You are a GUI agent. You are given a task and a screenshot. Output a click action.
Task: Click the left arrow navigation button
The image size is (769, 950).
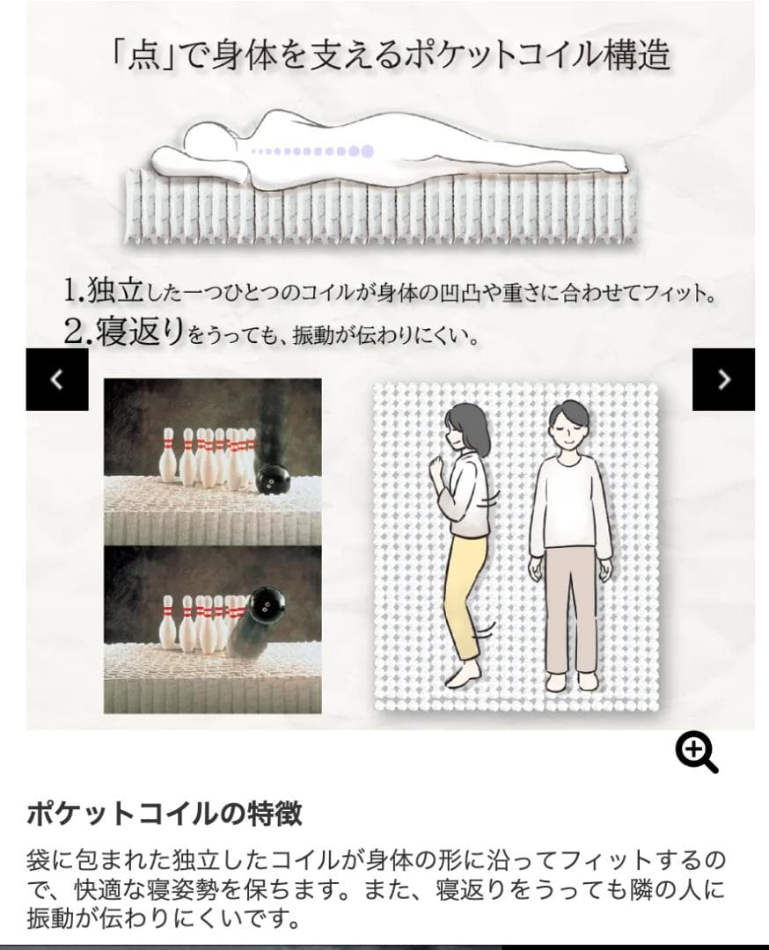coord(57,379)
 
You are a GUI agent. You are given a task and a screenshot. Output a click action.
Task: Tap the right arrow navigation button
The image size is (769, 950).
coord(723,379)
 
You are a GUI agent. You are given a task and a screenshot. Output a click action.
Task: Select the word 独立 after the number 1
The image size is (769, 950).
coord(114,290)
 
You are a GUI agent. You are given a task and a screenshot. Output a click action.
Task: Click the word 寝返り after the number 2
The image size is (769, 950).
coord(140,332)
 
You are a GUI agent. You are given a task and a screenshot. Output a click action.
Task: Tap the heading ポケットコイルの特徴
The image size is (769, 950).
coord(165,814)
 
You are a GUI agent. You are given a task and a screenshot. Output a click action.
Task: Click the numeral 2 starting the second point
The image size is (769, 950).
coord(74,332)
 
